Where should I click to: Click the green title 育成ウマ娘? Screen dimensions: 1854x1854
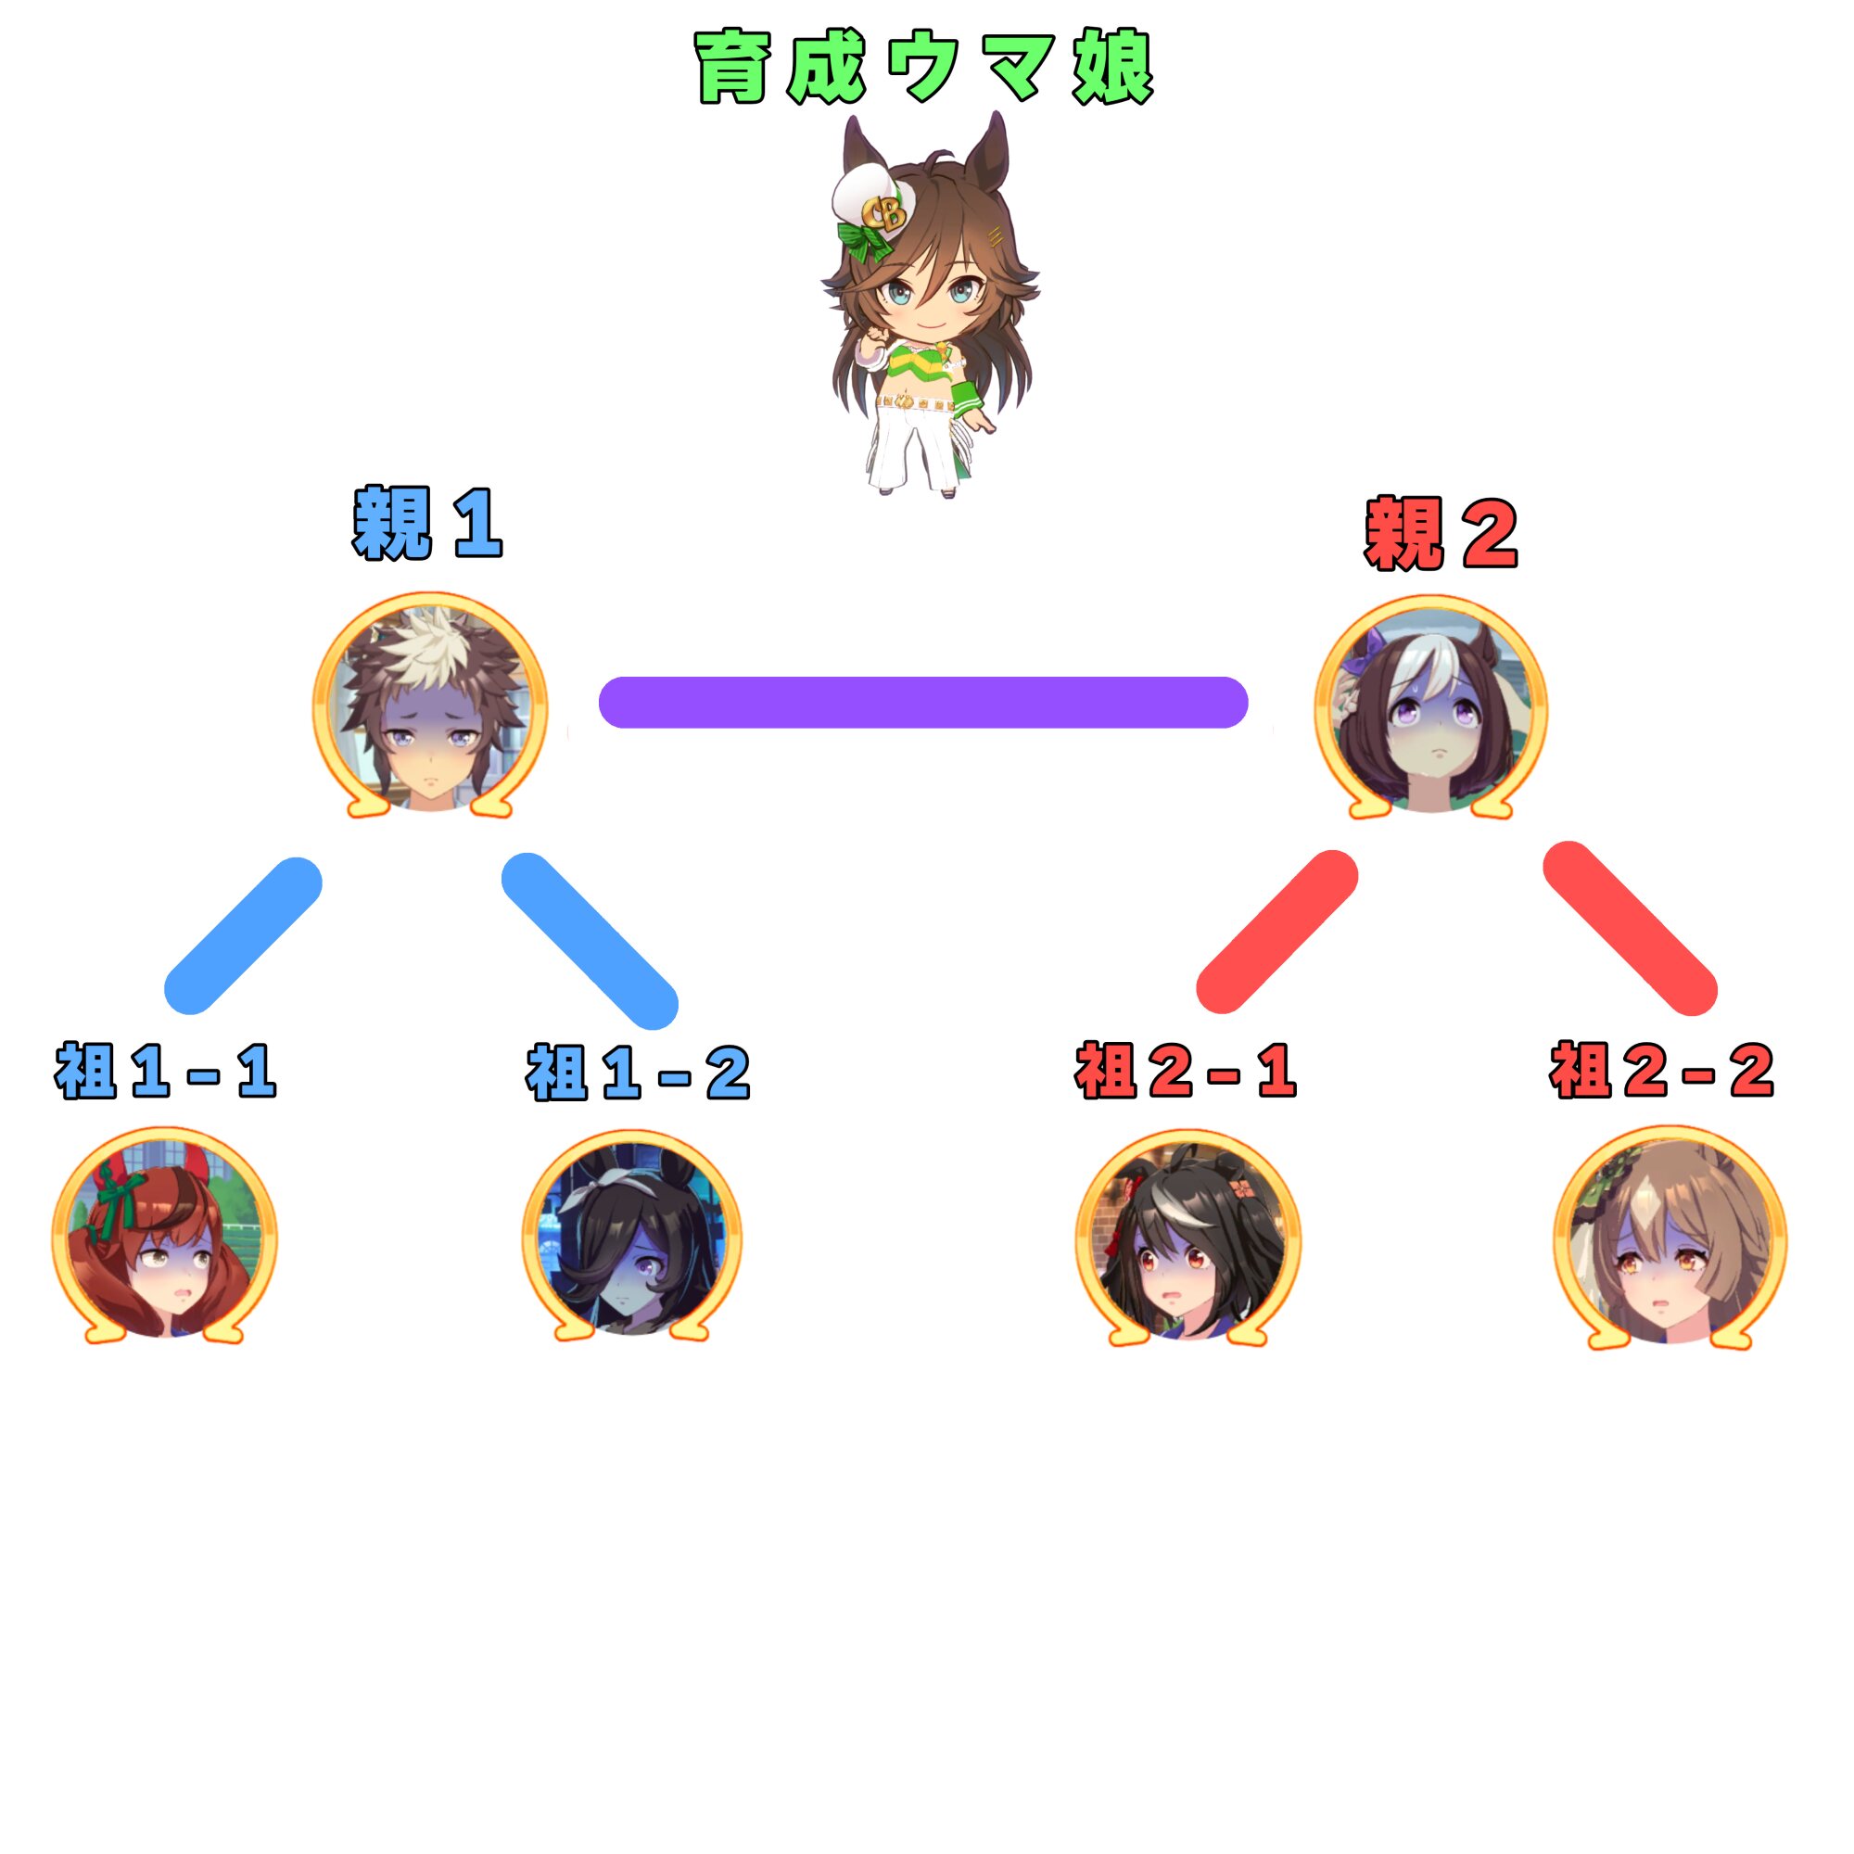click(923, 66)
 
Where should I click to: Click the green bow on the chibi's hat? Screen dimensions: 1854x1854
click(865, 239)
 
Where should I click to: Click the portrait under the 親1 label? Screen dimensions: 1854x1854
click(430, 705)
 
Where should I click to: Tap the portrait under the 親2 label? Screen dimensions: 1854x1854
click(1430, 708)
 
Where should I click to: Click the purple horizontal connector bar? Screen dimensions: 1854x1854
click(923, 703)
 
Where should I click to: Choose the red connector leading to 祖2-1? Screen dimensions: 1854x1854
click(1276, 932)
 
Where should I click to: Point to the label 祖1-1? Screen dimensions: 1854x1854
click(166, 1070)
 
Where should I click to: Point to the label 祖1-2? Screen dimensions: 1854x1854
click(637, 1072)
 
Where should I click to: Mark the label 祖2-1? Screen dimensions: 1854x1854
click(1187, 1070)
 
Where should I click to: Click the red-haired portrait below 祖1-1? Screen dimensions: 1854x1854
click(164, 1236)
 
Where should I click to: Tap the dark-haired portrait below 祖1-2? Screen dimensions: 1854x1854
click(632, 1238)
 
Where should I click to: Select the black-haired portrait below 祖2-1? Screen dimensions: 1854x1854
click(1188, 1238)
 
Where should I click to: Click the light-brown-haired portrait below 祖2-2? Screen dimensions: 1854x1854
click(1670, 1238)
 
